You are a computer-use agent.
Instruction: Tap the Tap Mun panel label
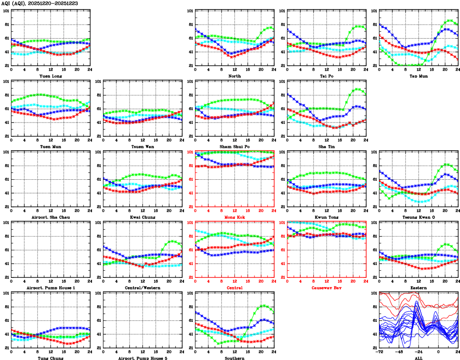418,76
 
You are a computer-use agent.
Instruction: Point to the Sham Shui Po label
234,146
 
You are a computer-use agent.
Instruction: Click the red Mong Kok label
234,217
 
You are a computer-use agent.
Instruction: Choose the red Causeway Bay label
326,288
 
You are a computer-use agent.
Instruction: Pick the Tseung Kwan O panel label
418,217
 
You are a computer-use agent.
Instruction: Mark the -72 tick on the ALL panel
379,352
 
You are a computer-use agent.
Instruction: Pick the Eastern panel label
418,288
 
